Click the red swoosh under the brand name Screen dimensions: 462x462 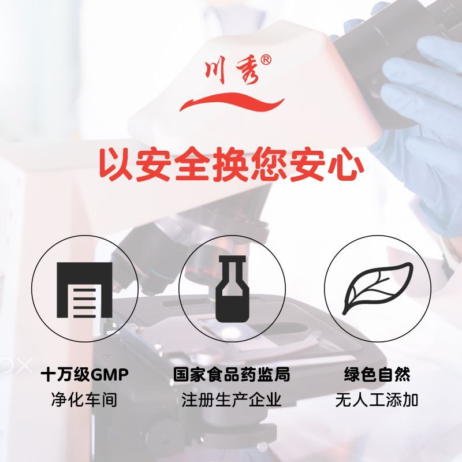tap(232, 102)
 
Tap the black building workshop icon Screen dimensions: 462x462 tap(84, 290)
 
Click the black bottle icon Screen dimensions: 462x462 tap(233, 289)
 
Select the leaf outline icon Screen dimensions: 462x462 tap(378, 289)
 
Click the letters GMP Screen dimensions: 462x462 tap(109, 375)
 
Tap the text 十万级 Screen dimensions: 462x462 tap(65, 375)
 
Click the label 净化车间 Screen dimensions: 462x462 tap(84, 400)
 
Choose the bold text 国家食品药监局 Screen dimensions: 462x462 tap(232, 374)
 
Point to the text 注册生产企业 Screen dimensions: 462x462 tap(232, 400)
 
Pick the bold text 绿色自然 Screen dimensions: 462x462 tap(377, 374)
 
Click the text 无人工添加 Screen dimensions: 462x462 tap(377, 400)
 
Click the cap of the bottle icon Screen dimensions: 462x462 tap(233, 259)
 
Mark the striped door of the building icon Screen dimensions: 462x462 tap(84, 303)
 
